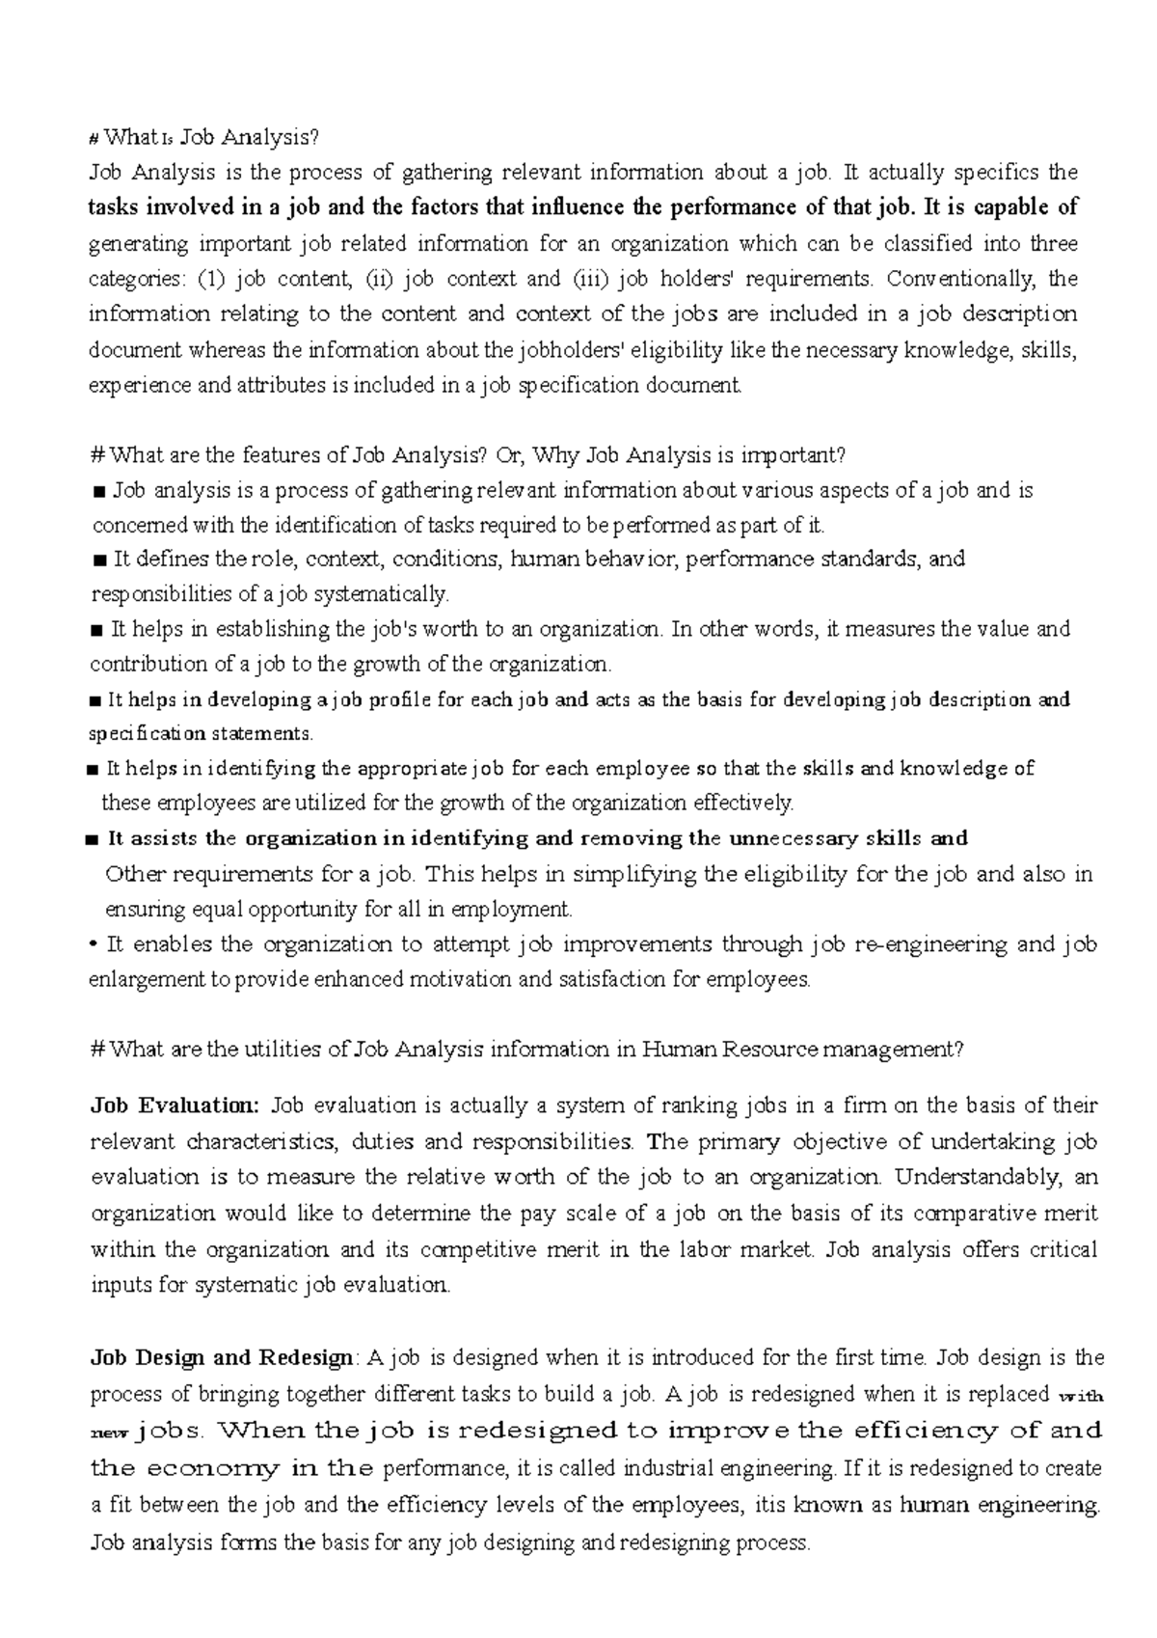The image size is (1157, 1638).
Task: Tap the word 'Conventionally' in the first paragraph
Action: click(x=958, y=279)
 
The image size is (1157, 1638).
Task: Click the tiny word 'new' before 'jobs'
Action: click(x=101, y=1434)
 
